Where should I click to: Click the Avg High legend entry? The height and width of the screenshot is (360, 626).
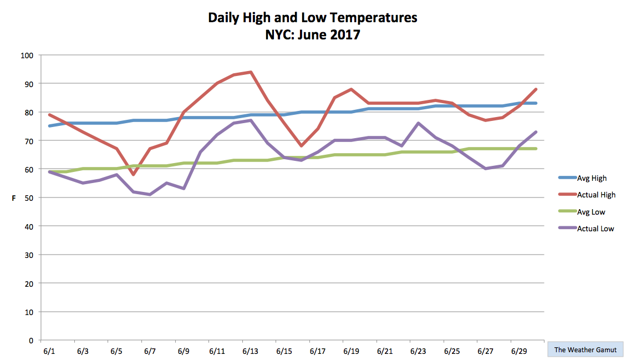coord(583,178)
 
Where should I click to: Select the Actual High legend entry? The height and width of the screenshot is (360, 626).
coord(587,195)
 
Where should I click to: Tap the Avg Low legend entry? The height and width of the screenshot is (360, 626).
coord(582,212)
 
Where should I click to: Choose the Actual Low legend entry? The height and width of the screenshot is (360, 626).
coord(586,229)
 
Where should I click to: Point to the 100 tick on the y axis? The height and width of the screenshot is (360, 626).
coord(27,55)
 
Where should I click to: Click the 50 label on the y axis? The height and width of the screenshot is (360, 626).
coord(29,198)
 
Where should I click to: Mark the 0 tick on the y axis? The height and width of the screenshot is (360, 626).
coord(31,341)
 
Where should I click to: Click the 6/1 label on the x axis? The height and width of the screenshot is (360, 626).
coord(49,352)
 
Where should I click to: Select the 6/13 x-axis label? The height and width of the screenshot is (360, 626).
coord(250,352)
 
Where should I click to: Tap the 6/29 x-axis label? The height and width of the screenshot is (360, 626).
coord(519,352)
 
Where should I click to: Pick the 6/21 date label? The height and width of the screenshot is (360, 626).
coord(385,352)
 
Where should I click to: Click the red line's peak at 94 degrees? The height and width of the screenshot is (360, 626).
coord(251,72)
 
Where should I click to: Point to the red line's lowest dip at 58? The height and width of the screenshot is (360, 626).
coord(133,175)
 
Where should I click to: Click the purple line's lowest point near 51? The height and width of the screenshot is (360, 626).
coord(150,195)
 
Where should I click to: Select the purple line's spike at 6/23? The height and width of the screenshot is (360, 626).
coord(418,123)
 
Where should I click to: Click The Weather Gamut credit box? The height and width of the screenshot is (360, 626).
coord(586,349)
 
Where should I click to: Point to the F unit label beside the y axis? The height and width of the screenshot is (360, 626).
coord(13,198)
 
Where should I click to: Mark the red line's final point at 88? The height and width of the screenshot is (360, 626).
coord(536,89)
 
